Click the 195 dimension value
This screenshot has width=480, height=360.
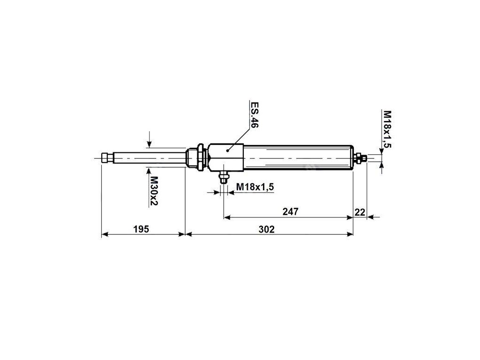[141, 229]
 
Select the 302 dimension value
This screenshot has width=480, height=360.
[266, 229]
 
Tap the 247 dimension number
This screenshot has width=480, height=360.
[290, 211]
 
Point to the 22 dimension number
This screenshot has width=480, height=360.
[360, 211]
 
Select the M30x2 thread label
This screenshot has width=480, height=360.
[153, 191]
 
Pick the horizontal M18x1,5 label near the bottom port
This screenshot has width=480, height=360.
[255, 187]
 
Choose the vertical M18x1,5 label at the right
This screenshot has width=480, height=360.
[388, 129]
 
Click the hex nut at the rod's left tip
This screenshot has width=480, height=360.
[107, 158]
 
